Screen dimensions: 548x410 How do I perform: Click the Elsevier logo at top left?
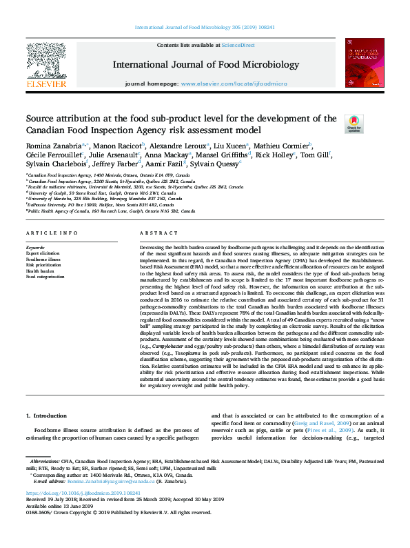(x=46, y=66)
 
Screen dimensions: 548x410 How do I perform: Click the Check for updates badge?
(x=353, y=124)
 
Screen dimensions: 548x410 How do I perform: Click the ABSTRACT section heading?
(x=154, y=234)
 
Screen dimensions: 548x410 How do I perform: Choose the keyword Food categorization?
(x=45, y=277)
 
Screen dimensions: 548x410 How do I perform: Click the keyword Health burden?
(x=41, y=271)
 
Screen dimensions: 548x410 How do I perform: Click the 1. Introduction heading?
(x=47, y=416)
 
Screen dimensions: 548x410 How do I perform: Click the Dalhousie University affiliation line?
(x=83, y=205)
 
